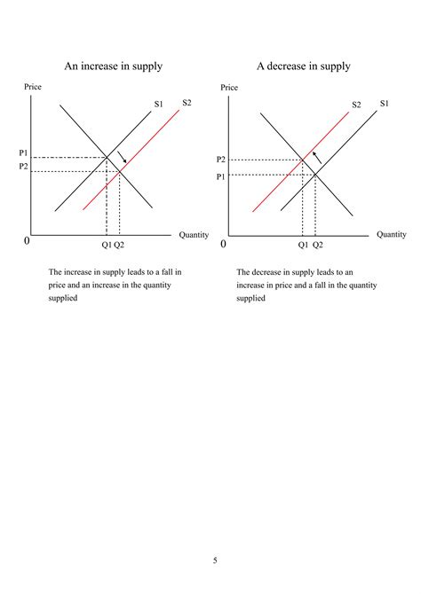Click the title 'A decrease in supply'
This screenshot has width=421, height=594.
coord(303,66)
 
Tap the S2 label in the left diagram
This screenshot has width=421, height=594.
coord(187,102)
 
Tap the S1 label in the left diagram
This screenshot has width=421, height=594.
coord(159,105)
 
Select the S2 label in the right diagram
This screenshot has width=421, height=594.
coord(357,105)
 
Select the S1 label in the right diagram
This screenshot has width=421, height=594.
coord(385,103)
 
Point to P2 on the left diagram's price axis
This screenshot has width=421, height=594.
coord(24,167)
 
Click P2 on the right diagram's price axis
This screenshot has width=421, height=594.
coord(221,160)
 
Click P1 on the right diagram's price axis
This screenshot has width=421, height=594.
coord(221,176)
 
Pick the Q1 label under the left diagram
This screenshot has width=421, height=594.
coord(106,245)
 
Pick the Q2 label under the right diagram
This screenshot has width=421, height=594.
coord(317,245)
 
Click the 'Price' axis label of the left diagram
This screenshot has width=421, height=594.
coord(32,87)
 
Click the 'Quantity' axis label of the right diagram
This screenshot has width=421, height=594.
coord(391,234)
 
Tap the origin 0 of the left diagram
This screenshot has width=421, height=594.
coord(27,241)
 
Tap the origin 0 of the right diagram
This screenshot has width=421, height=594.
coord(223,243)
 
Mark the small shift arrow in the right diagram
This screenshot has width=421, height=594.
coord(316,160)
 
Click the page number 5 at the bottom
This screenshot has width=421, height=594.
coord(215,559)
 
